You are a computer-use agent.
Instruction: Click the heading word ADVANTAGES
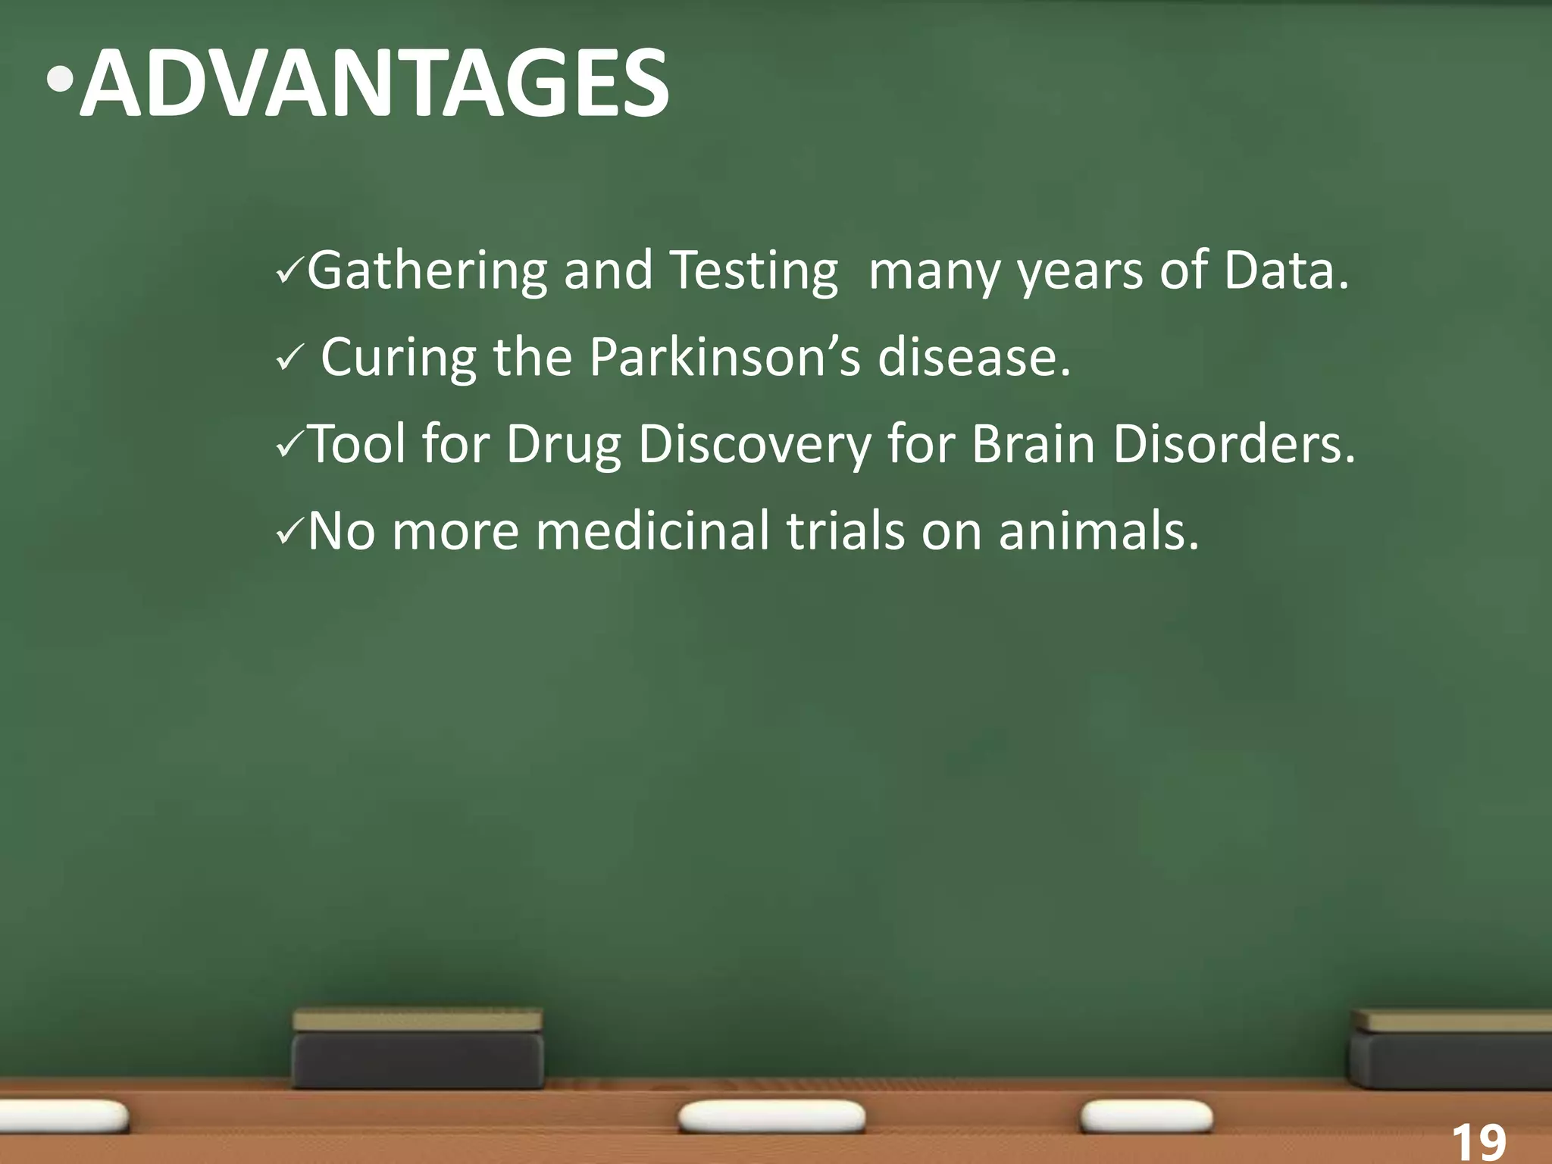coord(375,83)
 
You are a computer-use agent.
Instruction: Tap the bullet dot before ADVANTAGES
coord(59,80)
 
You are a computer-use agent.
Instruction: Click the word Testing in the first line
coord(755,272)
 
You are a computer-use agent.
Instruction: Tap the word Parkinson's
coord(724,357)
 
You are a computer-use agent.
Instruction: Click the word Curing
coord(399,358)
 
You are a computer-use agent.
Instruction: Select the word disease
coord(974,357)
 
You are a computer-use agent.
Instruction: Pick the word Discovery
coord(755,445)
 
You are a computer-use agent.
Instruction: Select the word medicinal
coord(652,530)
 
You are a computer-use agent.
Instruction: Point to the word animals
coord(1099,530)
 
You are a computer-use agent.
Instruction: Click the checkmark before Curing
coord(289,358)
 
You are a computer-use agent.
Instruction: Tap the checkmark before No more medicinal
coord(289,532)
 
